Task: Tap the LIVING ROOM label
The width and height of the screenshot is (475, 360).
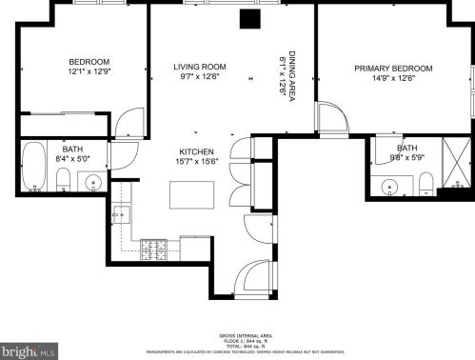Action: coord(199,67)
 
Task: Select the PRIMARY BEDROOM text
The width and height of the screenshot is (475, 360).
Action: coord(393,69)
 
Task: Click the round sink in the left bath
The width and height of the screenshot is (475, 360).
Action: coord(93,181)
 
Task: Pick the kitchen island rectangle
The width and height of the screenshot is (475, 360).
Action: coord(190,193)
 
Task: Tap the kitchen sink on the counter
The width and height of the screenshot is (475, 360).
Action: coord(122,215)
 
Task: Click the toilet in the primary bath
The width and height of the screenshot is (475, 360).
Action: coord(426,182)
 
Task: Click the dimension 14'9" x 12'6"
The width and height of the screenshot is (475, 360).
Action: coord(393,79)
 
